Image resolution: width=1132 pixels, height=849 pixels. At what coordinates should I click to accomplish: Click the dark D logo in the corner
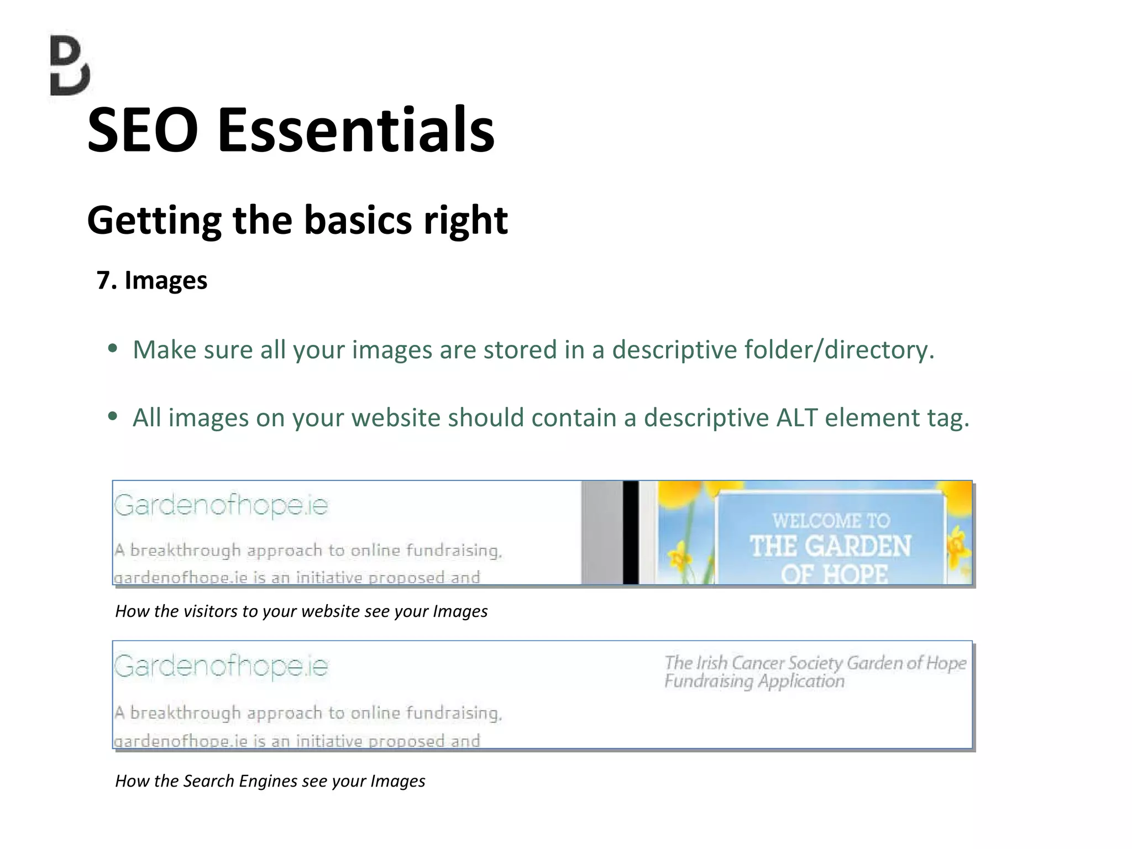(x=70, y=65)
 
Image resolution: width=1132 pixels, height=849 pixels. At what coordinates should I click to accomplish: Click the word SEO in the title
(x=143, y=130)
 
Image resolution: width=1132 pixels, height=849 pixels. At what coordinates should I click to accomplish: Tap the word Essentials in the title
(x=356, y=130)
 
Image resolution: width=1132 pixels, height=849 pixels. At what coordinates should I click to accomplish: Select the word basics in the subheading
(x=358, y=220)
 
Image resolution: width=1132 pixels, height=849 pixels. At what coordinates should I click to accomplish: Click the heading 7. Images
(x=152, y=280)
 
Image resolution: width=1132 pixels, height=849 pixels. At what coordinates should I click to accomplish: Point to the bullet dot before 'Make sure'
(x=113, y=348)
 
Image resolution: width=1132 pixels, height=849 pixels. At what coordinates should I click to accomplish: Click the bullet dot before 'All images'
(x=113, y=416)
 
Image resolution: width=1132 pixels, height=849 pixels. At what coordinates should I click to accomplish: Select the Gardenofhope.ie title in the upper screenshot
(x=221, y=505)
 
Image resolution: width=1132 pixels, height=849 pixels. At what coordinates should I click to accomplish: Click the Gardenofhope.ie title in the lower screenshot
(x=221, y=666)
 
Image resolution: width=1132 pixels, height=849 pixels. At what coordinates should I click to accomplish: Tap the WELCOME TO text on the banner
(x=831, y=521)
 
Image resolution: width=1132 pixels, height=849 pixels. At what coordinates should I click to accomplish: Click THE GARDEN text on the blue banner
(x=830, y=547)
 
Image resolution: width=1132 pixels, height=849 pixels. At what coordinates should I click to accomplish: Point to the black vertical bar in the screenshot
(x=631, y=532)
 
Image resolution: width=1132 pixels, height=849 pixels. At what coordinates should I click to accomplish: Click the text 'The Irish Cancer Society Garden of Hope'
(x=815, y=663)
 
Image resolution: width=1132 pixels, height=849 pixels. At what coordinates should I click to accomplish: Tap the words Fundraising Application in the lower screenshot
(x=754, y=681)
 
